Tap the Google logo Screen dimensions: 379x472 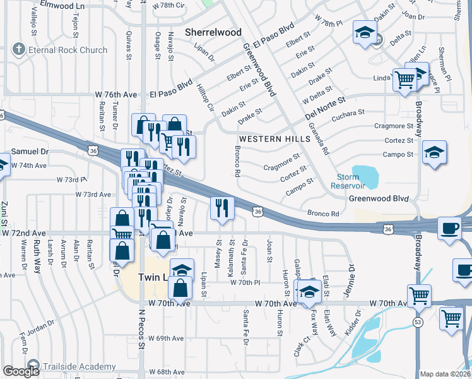(21, 371)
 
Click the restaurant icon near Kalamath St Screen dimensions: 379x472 (221, 208)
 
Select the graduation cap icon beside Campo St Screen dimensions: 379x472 (434, 153)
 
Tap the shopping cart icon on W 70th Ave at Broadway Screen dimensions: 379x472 (419, 295)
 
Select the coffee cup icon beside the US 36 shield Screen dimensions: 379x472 (449, 228)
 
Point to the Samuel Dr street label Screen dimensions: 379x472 (30, 152)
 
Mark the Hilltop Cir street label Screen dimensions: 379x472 (206, 97)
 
